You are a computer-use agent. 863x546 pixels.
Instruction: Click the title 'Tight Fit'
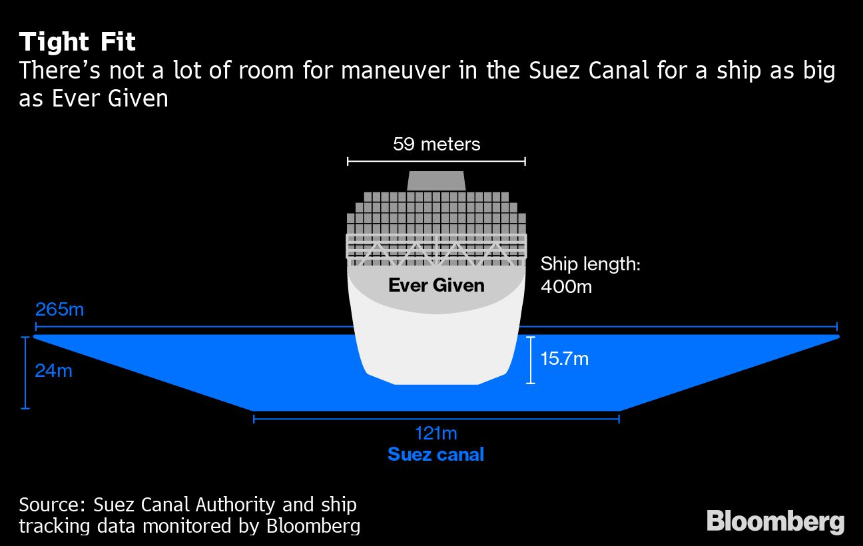[x=77, y=43]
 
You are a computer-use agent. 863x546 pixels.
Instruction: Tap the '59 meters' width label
[x=436, y=144]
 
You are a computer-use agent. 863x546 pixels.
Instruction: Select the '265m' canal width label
[x=60, y=310]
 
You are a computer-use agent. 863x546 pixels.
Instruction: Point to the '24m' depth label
[x=53, y=370]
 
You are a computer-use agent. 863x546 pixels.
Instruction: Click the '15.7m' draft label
[x=564, y=359]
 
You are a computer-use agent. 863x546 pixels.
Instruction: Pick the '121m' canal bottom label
[x=436, y=433]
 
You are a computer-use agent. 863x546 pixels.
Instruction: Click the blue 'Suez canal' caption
[x=435, y=455]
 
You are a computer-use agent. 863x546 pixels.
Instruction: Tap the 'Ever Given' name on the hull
[x=436, y=286]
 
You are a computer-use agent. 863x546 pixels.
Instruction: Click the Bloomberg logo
[x=775, y=521]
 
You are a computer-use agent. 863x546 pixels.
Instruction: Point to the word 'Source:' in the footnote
[x=52, y=504]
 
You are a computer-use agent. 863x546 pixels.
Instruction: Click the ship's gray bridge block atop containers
[x=436, y=180]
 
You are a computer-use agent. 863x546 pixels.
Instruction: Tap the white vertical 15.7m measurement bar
[x=531, y=360]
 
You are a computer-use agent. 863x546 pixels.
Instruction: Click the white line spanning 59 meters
[x=436, y=160]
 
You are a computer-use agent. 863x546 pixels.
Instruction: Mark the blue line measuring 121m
[x=436, y=418]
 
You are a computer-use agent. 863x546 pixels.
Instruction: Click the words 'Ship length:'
[x=590, y=264]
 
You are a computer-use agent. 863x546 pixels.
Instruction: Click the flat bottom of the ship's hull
[x=436, y=383]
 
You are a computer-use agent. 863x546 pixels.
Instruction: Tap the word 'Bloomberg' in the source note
[x=313, y=526]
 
